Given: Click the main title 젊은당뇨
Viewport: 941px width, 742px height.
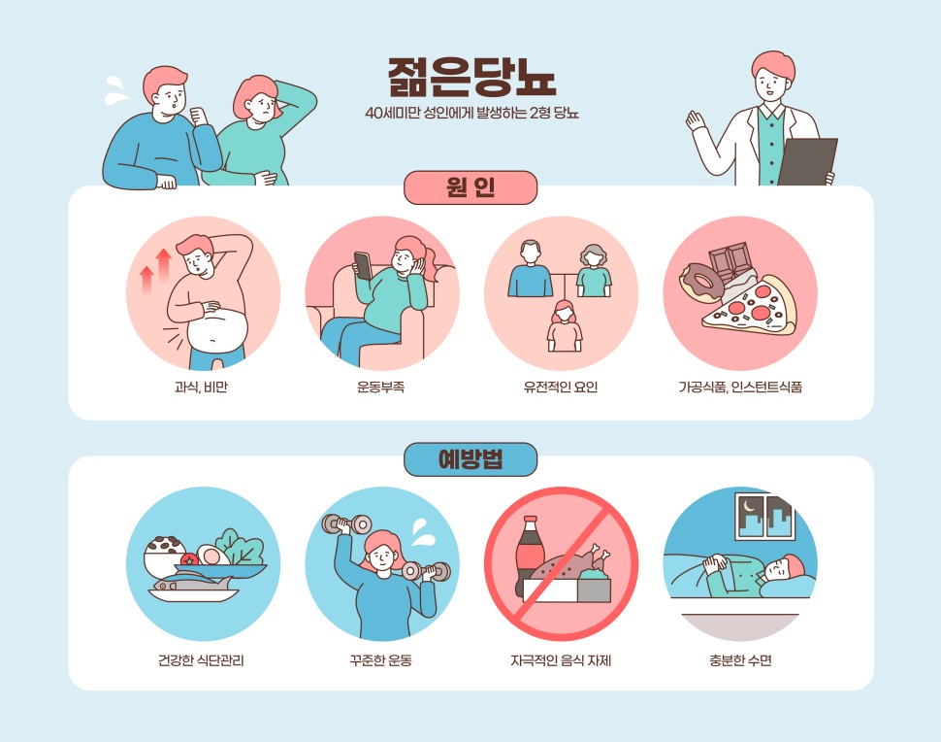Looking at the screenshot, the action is (x=471, y=77).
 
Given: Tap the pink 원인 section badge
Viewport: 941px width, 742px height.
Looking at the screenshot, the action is (x=470, y=187).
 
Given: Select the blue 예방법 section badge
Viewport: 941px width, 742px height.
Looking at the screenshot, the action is (x=470, y=459).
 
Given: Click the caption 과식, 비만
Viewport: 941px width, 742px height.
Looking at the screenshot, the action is (x=201, y=388).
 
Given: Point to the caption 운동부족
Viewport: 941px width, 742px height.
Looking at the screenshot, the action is (x=380, y=388).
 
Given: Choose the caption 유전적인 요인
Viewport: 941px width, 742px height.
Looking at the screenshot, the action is (x=561, y=388).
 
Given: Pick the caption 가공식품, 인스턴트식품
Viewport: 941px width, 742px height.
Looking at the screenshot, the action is (x=740, y=388).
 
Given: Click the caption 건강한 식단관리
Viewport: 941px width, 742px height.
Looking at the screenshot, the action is (x=201, y=660).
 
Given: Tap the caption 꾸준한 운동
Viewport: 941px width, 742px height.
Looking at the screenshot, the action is (x=380, y=660).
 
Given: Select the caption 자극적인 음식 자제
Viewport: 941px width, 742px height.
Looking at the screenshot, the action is (x=561, y=660).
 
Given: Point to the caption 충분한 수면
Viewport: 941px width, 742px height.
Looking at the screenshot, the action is (x=740, y=660).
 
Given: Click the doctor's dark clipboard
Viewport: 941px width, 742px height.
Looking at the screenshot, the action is (x=806, y=161).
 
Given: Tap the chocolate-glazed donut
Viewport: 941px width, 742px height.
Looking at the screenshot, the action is (x=701, y=282).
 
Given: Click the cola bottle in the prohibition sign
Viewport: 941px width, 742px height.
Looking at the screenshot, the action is (x=530, y=556).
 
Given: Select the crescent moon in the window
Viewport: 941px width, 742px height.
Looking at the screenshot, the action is (x=749, y=506).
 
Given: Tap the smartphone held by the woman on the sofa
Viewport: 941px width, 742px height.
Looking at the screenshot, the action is (x=363, y=265).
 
